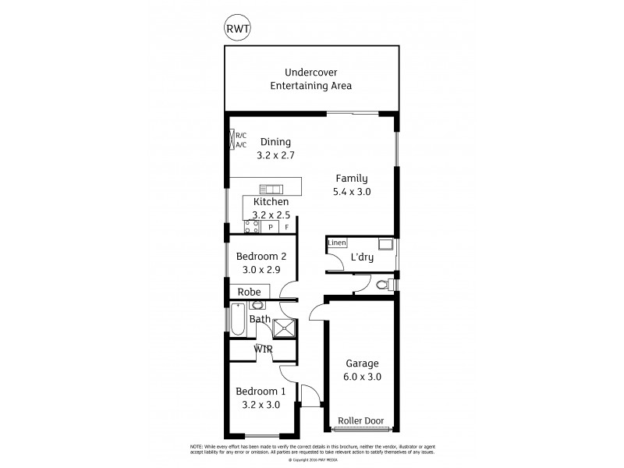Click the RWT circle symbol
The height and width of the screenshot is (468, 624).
[x=237, y=29]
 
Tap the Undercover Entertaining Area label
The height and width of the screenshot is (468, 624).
[x=310, y=78]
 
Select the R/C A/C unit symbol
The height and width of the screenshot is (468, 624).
[x=232, y=140]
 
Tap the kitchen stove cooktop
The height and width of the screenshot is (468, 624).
[x=252, y=226]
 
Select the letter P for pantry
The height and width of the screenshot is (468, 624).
[x=271, y=227]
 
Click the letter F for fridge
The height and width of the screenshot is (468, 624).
[x=286, y=227]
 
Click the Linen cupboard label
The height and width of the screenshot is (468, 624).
[x=336, y=243]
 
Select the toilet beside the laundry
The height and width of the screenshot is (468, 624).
[x=383, y=285]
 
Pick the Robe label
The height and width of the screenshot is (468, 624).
[x=249, y=292]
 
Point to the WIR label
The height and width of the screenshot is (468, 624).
[x=262, y=349]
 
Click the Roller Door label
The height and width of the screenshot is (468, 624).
[x=360, y=421]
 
